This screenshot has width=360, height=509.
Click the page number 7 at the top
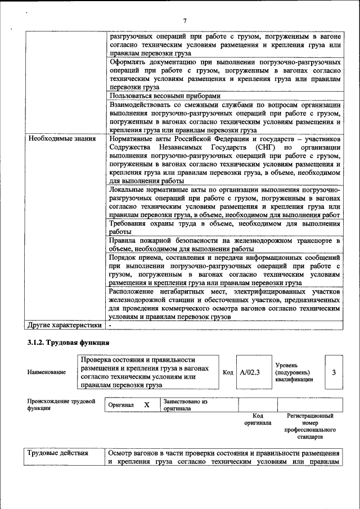pyautogui.click(x=184, y=21)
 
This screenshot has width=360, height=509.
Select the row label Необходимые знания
pyautogui.click(x=61, y=138)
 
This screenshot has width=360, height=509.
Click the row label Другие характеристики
pyautogui.click(x=65, y=325)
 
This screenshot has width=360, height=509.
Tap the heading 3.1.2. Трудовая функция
pyautogui.click(x=68, y=343)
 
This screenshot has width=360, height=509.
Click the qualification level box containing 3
pyautogui.click(x=334, y=372)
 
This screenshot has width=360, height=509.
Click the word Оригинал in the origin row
pyautogui.click(x=121, y=405)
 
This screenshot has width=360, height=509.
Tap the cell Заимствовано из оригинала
pyautogui.click(x=186, y=405)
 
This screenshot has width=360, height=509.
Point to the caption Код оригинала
pyautogui.click(x=258, y=419)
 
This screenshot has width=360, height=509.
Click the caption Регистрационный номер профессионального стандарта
pyautogui.click(x=310, y=426)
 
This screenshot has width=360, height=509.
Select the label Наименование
pyautogui.click(x=47, y=372)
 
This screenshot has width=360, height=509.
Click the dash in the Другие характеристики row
pyautogui.click(x=111, y=325)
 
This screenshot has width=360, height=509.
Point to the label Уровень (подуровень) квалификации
pyautogui.click(x=292, y=372)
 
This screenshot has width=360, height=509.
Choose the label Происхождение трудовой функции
pyautogui.click(x=61, y=405)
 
